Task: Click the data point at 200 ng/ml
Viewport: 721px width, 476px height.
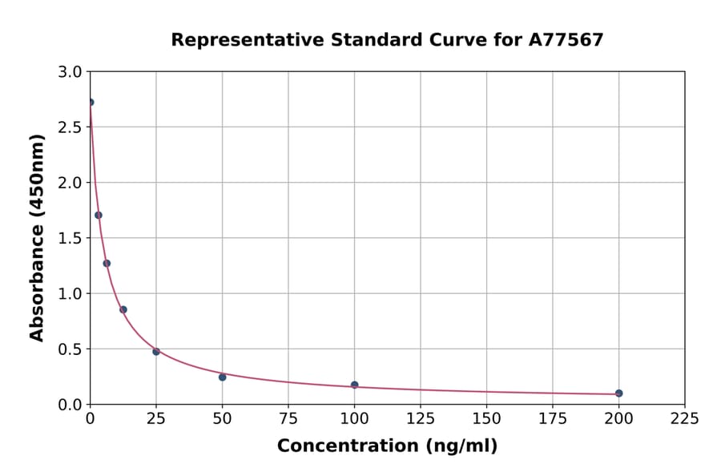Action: tap(618, 393)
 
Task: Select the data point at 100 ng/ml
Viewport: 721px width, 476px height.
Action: tap(354, 385)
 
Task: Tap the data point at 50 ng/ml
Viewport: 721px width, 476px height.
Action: tap(222, 377)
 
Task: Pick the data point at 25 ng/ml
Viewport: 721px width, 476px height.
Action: tap(156, 351)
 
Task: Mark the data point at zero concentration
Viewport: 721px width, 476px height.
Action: tap(91, 103)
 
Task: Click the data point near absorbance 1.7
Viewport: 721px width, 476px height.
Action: tap(99, 215)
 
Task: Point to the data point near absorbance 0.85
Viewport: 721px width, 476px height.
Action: tap(123, 309)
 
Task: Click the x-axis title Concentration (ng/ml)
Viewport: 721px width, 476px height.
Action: tap(387, 446)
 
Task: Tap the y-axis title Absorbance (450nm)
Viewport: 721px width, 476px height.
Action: tap(37, 237)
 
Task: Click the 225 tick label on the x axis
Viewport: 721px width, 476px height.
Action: tap(684, 418)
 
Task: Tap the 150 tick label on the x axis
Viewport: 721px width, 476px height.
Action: tap(486, 418)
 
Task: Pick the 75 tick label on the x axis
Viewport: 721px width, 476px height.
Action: tap(288, 418)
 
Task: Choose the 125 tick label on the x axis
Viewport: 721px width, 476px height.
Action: tap(421, 418)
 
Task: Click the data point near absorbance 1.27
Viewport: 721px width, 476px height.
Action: tap(107, 263)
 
